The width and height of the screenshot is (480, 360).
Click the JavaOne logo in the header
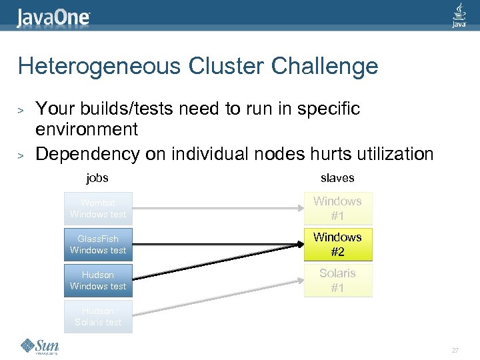[53, 16]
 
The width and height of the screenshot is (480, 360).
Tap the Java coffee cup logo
[459, 15]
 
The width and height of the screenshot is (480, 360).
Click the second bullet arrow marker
[21, 155]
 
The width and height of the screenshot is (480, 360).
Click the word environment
[87, 129]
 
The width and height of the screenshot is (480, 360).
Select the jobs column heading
[97, 178]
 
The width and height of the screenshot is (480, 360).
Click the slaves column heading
[337, 178]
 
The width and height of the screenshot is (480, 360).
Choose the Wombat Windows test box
[98, 209]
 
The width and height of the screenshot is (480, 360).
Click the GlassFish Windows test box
[98, 245]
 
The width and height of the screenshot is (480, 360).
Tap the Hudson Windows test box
[98, 281]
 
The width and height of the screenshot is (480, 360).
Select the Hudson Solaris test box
[98, 317]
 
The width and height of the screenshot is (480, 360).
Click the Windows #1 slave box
[337, 209]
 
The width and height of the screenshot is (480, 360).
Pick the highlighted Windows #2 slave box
[337, 245]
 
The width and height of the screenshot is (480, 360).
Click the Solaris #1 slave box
[337, 281]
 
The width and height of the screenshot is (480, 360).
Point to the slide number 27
[455, 350]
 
